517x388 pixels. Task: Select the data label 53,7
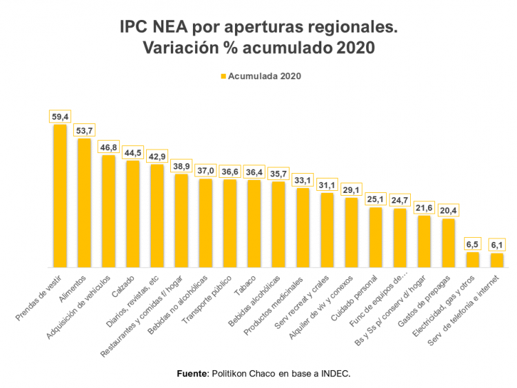click(x=84, y=130)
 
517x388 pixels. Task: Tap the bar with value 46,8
click(x=108, y=211)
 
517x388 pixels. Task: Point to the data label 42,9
click(x=157, y=156)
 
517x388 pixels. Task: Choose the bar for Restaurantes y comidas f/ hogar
click(x=181, y=221)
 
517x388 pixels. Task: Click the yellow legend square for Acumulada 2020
click(x=223, y=76)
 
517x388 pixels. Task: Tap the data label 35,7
click(x=278, y=173)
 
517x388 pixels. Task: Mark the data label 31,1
click(x=327, y=185)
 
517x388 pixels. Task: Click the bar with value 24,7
click(x=400, y=238)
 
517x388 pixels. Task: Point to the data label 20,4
click(x=448, y=210)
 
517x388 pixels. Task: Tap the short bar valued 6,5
click(x=472, y=260)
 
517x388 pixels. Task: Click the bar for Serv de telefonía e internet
click(x=496, y=261)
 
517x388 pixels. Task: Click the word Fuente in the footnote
click(x=192, y=373)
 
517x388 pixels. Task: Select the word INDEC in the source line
click(x=336, y=373)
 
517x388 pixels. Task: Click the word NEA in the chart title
click(x=167, y=28)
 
